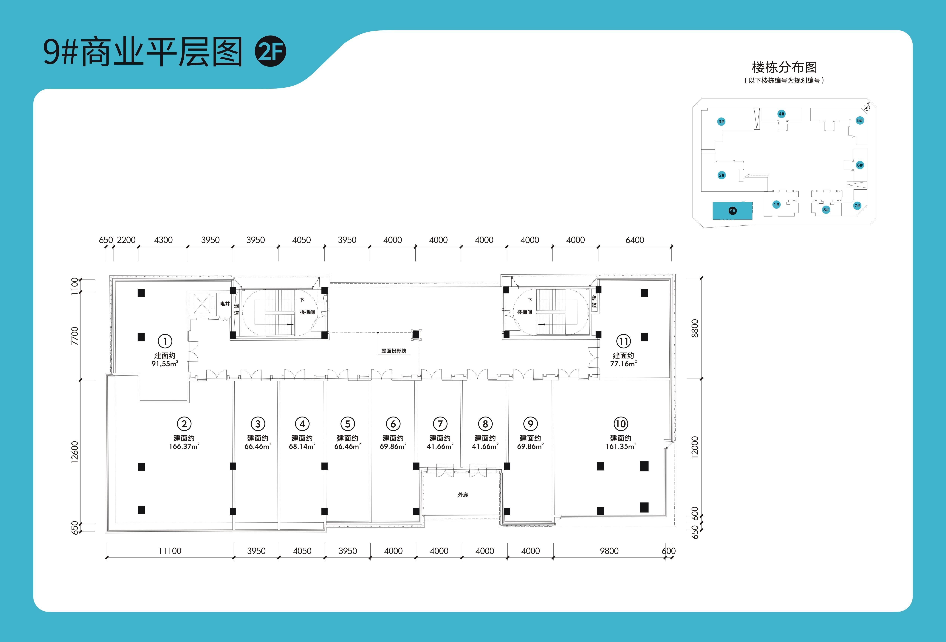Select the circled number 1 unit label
click(165, 341)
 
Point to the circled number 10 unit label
click(621, 424)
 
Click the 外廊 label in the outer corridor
click(463, 495)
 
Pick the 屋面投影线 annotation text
click(394, 351)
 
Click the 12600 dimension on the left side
click(75, 452)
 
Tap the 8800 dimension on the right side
click(695, 328)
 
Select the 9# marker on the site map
click(732, 211)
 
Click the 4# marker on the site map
click(781, 114)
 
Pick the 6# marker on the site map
click(860, 165)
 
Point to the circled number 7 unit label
click(440, 424)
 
